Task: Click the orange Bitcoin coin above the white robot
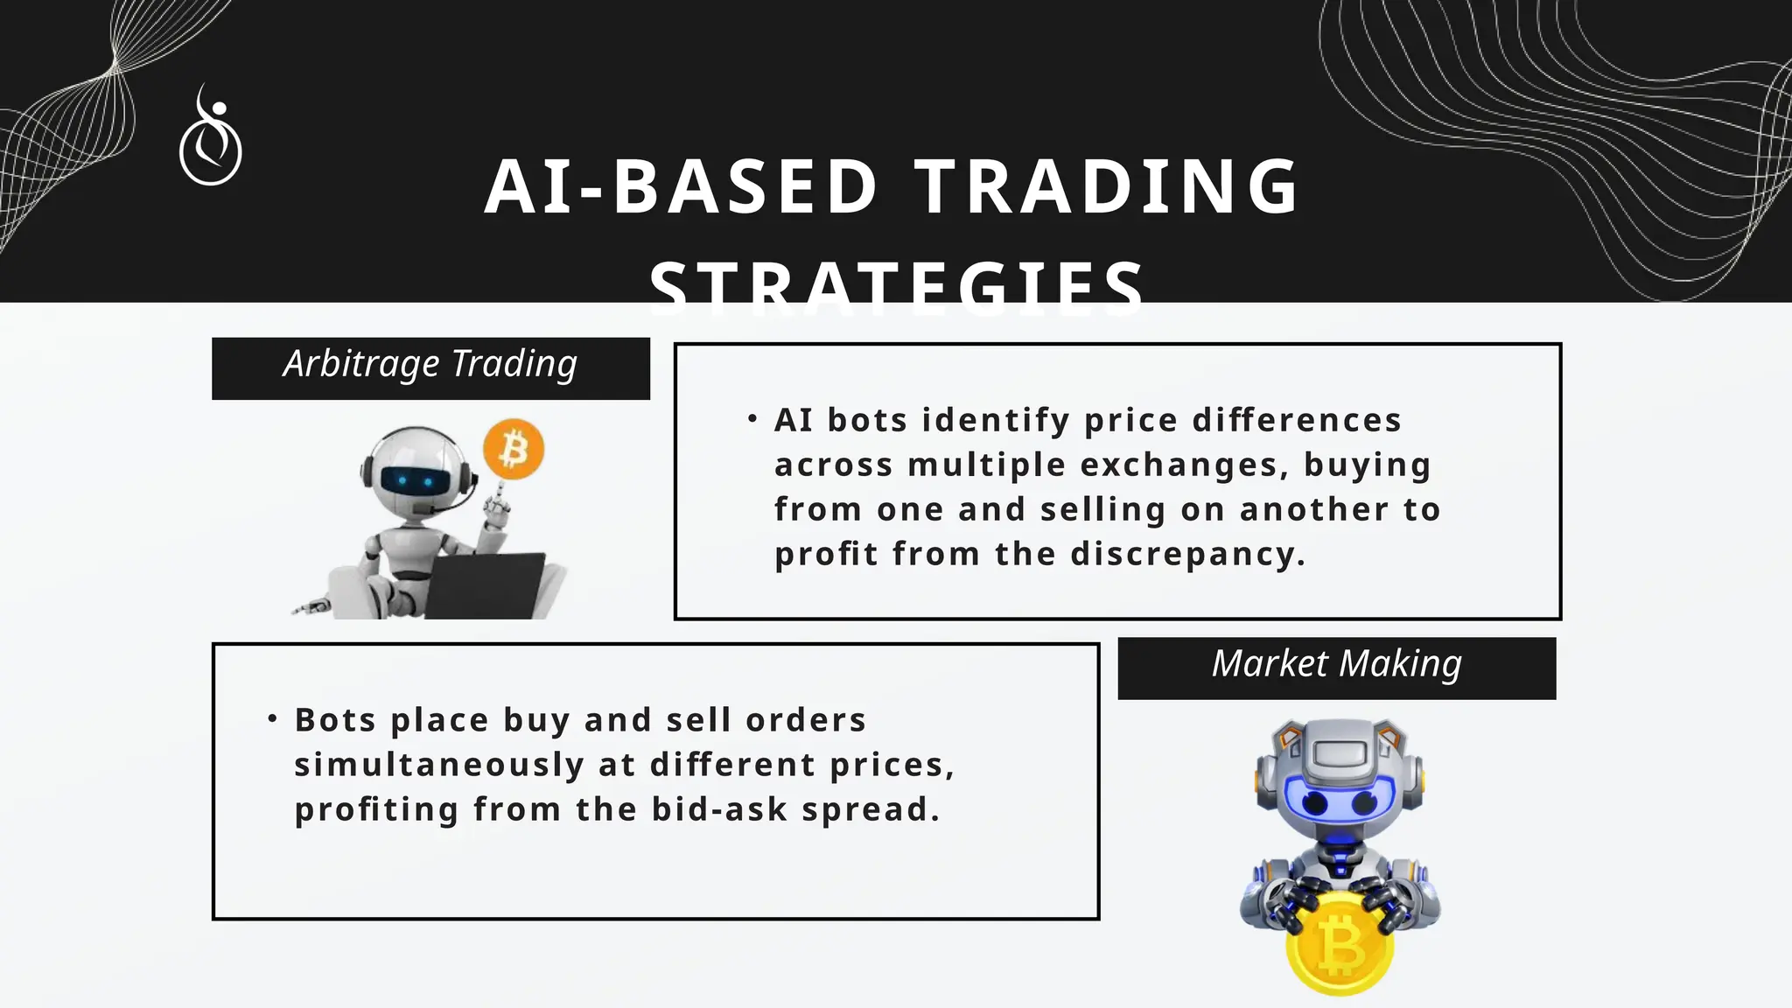pos(514,450)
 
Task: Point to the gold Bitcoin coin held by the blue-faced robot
pos(1338,948)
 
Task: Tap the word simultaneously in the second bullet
pos(439,766)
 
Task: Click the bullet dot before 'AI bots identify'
pos(752,419)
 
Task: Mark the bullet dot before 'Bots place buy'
pos(272,719)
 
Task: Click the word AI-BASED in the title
pos(682,186)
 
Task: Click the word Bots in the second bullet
pos(335,721)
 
